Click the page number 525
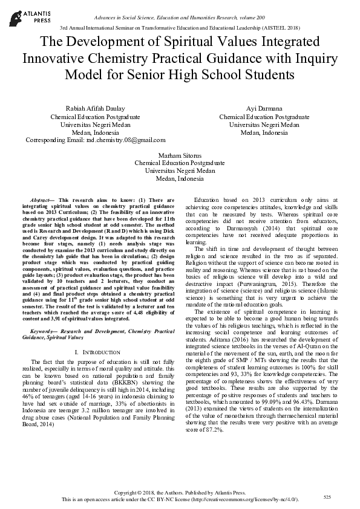(x=327, y=497)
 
